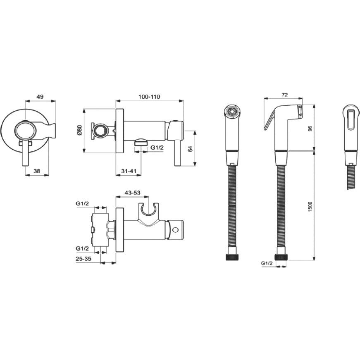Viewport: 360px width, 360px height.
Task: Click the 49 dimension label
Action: pyautogui.click(x=40, y=97)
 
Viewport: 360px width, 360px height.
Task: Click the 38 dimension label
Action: pyautogui.click(x=37, y=171)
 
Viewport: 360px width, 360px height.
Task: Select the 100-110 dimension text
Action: pyautogui.click(x=149, y=97)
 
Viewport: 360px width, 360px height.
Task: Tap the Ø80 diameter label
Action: pyautogui.click(x=79, y=130)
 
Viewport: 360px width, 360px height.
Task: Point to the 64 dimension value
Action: pyautogui.click(x=190, y=148)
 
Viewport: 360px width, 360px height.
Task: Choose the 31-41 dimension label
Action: pyautogui.click(x=129, y=171)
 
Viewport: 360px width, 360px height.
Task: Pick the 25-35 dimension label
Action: pyautogui.click(x=83, y=258)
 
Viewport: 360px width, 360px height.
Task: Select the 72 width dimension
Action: pyautogui.click(x=284, y=95)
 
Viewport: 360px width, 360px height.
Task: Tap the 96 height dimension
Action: pyautogui.click(x=310, y=129)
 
